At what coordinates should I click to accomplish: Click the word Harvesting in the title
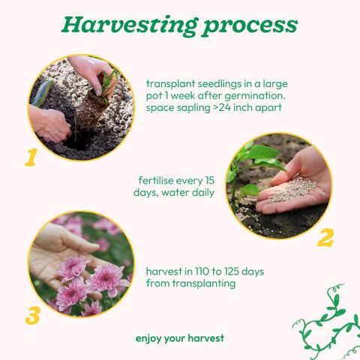130,25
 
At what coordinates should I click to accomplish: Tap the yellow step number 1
31,157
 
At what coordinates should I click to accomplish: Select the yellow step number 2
325,238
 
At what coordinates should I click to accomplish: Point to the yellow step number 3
32,316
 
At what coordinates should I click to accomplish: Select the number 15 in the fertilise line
208,181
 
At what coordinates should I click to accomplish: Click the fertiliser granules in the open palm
292,189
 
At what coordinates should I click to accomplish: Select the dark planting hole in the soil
79,140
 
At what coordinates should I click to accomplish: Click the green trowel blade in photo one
43,92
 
